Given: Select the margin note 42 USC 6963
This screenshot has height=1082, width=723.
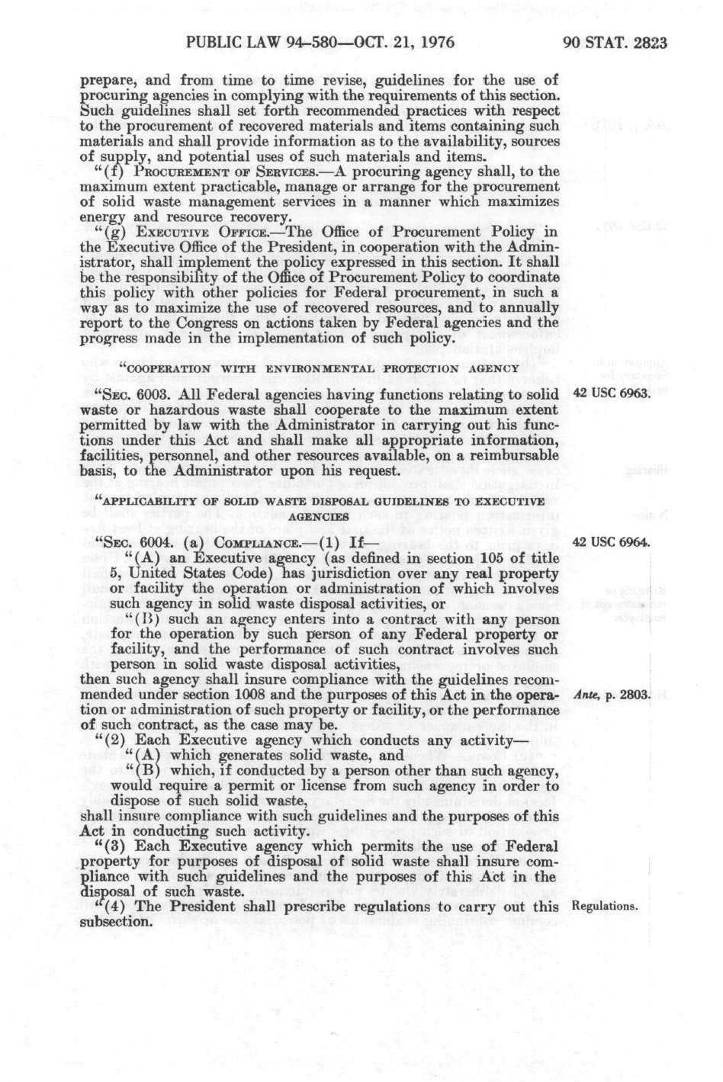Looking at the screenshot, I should [609, 395].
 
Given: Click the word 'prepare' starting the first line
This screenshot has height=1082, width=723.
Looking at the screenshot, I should [104, 79].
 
